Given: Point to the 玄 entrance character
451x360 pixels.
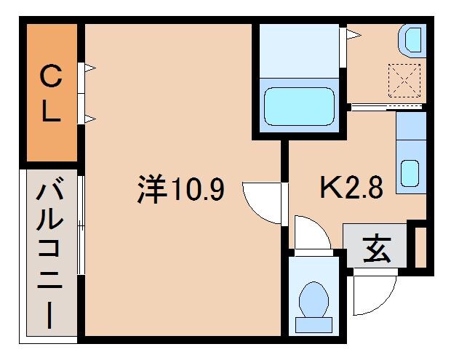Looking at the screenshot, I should coord(376,249).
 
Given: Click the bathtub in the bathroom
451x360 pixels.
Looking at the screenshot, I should coord(299,106).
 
